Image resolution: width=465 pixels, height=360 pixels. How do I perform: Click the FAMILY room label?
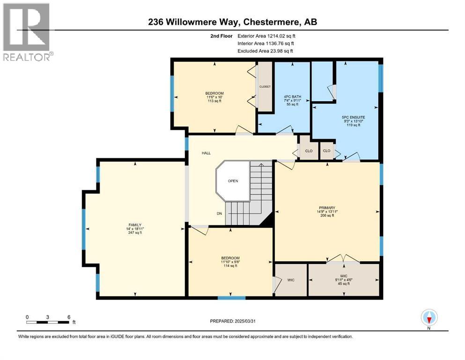(x=135, y=225)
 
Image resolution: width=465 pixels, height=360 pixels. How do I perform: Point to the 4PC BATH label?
(x=293, y=97)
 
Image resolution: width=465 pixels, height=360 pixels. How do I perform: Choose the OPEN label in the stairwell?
(x=233, y=180)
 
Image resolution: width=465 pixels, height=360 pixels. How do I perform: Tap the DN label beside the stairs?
(x=219, y=213)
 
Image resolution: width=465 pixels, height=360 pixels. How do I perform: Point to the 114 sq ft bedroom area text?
(x=230, y=266)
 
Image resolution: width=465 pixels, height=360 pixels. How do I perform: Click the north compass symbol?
(x=429, y=318)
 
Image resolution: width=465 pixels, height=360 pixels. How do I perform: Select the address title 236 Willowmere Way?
(x=232, y=22)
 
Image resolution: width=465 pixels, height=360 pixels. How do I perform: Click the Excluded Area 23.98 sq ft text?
(x=266, y=51)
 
